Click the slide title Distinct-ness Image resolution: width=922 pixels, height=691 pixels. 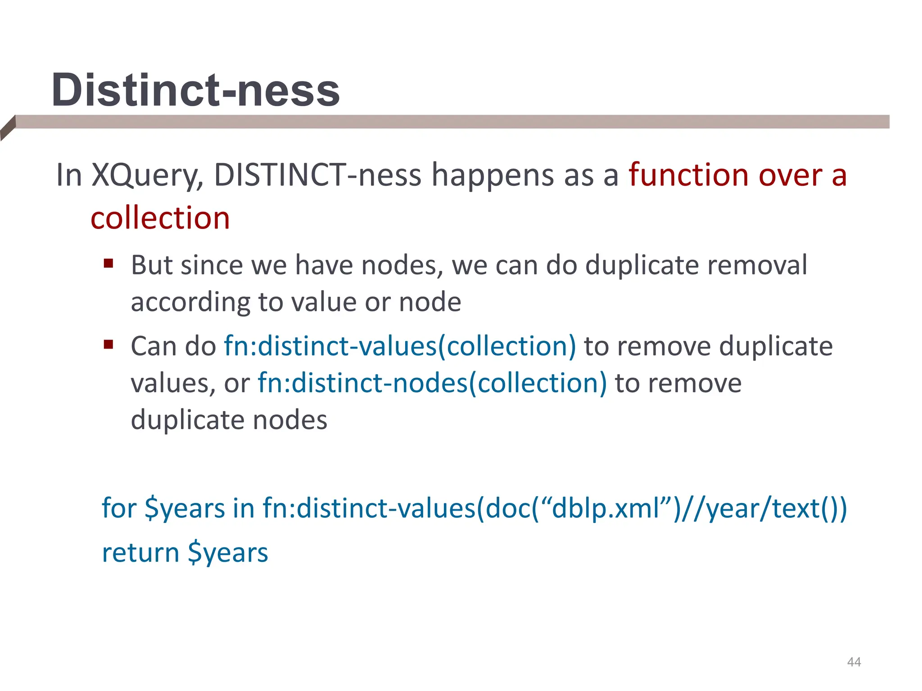pyautogui.click(x=195, y=90)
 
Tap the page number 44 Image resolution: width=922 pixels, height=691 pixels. pyautogui.click(x=854, y=662)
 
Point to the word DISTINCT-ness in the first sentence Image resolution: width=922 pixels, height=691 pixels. pyautogui.click(x=317, y=175)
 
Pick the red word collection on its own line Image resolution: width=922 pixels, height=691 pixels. pyautogui.click(x=160, y=218)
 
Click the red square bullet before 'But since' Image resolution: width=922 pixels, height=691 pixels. pyautogui.click(x=108, y=263)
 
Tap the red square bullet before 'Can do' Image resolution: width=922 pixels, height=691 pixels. pyautogui.click(x=108, y=345)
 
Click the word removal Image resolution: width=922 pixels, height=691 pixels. pyautogui.click(x=757, y=265)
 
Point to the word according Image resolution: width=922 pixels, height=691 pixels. pyautogui.click(x=190, y=302)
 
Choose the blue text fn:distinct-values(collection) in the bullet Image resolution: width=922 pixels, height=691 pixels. pyautogui.click(x=400, y=346)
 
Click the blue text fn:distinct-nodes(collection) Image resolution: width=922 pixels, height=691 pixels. pyautogui.click(x=432, y=383)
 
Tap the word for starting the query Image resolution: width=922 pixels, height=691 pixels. pyautogui.click(x=119, y=508)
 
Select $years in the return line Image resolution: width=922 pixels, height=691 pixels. pyautogui.click(x=228, y=553)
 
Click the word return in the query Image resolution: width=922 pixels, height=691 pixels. pyautogui.click(x=140, y=553)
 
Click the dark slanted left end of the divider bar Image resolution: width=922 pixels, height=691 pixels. pyautogui.click(x=8, y=128)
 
